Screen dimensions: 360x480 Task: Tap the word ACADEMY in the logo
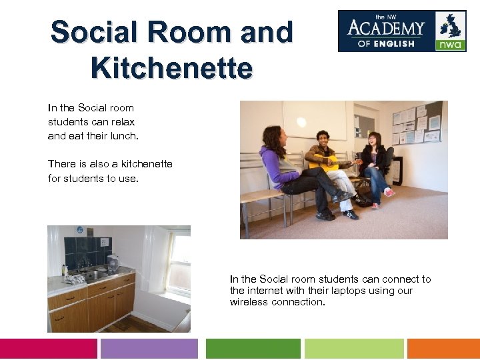point(386,29)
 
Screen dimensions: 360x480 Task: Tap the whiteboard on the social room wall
point(313,120)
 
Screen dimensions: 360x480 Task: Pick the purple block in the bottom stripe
point(149,349)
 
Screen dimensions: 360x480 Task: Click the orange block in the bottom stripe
point(443,349)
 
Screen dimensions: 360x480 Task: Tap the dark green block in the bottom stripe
point(253,349)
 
